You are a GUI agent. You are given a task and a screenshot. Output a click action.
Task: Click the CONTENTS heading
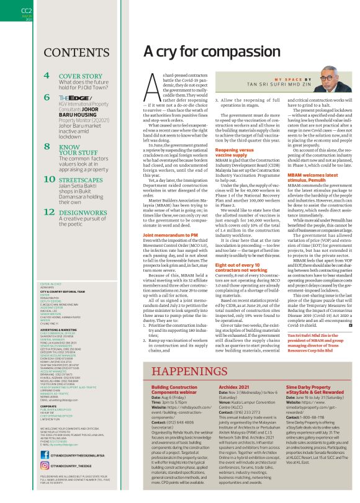pos(78,51)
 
